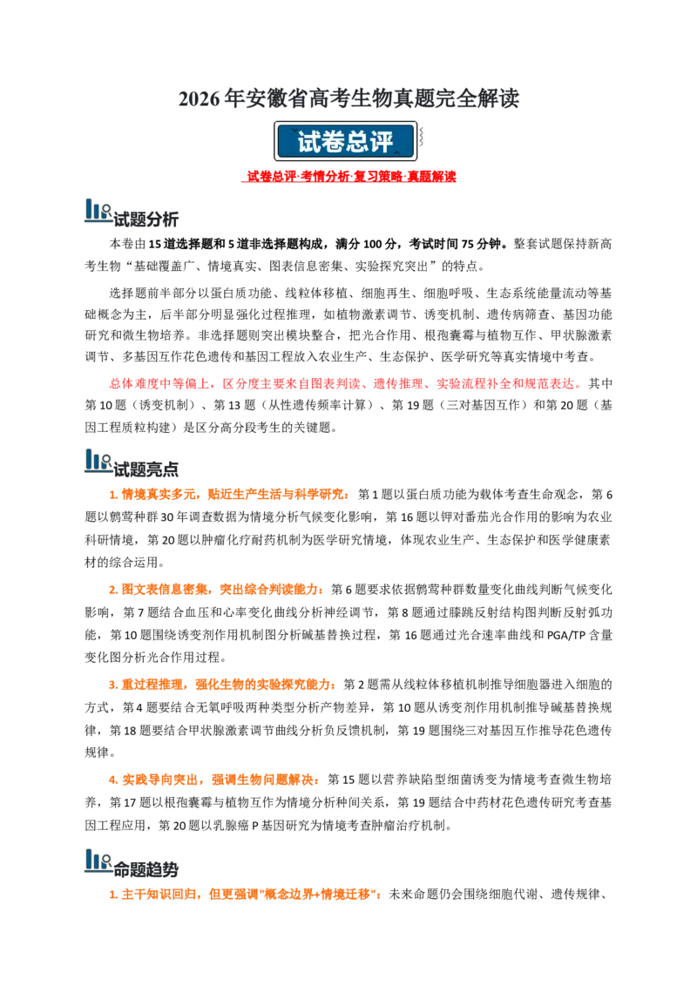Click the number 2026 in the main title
[x=198, y=99]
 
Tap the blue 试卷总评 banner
[x=345, y=141]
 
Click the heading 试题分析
[x=146, y=219]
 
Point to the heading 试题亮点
[x=146, y=469]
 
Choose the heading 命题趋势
[x=146, y=869]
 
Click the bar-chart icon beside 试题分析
[x=98, y=211]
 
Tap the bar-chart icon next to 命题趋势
[x=98, y=861]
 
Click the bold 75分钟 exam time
[x=481, y=244]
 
